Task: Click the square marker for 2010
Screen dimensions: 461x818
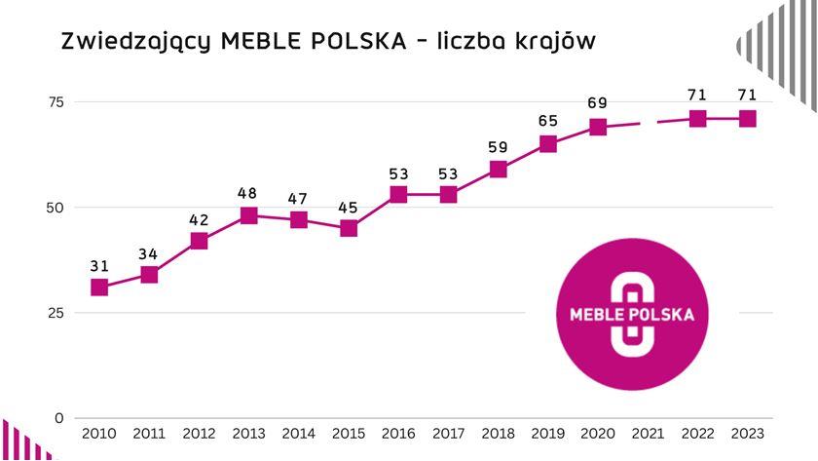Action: pos(99,288)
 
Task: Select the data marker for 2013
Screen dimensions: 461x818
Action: pos(248,215)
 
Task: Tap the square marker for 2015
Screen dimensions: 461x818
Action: pos(349,228)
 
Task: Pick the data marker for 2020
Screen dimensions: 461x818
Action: pos(598,127)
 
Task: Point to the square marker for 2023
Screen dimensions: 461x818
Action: pos(747,119)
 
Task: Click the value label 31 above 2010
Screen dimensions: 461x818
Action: pos(99,265)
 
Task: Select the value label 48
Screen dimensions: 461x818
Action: pos(248,193)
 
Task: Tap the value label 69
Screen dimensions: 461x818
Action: pos(598,103)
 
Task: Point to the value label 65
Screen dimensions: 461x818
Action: pos(548,121)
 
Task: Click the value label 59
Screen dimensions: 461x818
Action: pos(499,147)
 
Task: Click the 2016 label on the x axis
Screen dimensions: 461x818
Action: pos(398,433)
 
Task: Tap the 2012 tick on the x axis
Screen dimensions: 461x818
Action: pos(199,433)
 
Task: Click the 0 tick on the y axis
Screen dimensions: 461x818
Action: pos(59,418)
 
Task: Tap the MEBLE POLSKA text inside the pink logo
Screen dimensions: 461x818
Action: pos(638,316)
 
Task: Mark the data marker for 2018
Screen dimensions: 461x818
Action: pos(499,170)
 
